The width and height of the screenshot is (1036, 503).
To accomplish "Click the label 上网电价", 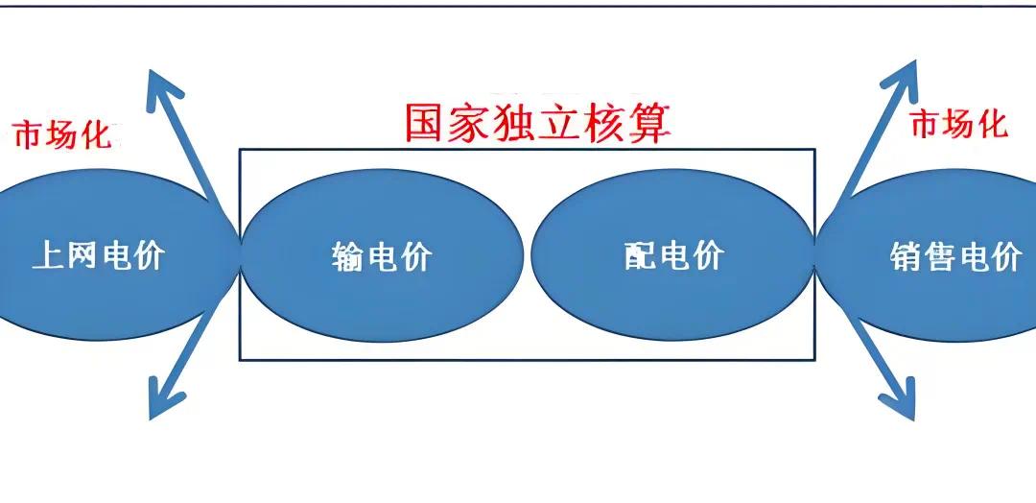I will pyautogui.click(x=98, y=256).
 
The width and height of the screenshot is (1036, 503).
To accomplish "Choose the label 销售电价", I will pyautogui.click(x=955, y=257).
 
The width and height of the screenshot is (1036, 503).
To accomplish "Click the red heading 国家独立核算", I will pyautogui.click(x=536, y=125).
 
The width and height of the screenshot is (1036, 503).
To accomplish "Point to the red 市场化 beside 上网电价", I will pyautogui.click(x=61, y=135).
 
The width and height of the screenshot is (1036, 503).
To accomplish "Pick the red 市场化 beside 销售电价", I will pyautogui.click(x=958, y=124).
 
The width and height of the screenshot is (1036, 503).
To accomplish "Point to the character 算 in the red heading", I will pyautogui.click(x=650, y=125).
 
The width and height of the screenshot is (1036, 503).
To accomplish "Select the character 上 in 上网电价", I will pyautogui.click(x=48, y=256).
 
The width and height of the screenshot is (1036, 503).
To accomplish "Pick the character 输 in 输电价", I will pyautogui.click(x=347, y=257).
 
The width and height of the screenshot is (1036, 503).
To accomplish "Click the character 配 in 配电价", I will pyautogui.click(x=639, y=256).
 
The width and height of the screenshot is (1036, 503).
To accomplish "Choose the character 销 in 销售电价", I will pyautogui.click(x=906, y=257).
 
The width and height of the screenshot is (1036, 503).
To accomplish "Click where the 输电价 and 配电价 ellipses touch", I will pyautogui.click(x=527, y=255).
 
